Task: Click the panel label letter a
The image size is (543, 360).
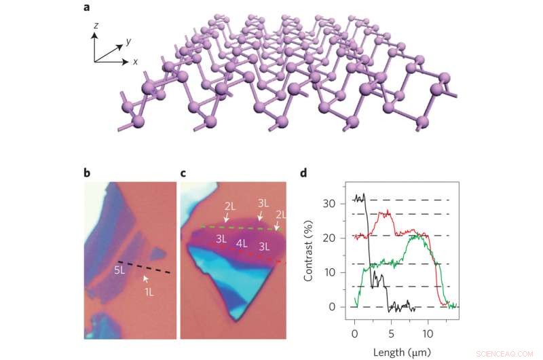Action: point(87,7)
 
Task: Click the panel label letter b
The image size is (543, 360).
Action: point(87,173)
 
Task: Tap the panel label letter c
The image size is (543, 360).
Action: point(184,173)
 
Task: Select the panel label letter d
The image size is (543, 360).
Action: point(303,173)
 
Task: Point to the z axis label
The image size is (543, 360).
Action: point(96,24)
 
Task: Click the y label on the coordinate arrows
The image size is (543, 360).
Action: point(128,41)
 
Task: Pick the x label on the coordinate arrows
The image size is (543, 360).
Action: point(135,61)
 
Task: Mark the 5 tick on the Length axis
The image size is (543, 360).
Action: point(391,335)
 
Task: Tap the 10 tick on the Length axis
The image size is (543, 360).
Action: point(428,335)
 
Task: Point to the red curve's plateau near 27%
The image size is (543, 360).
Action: point(386,213)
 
